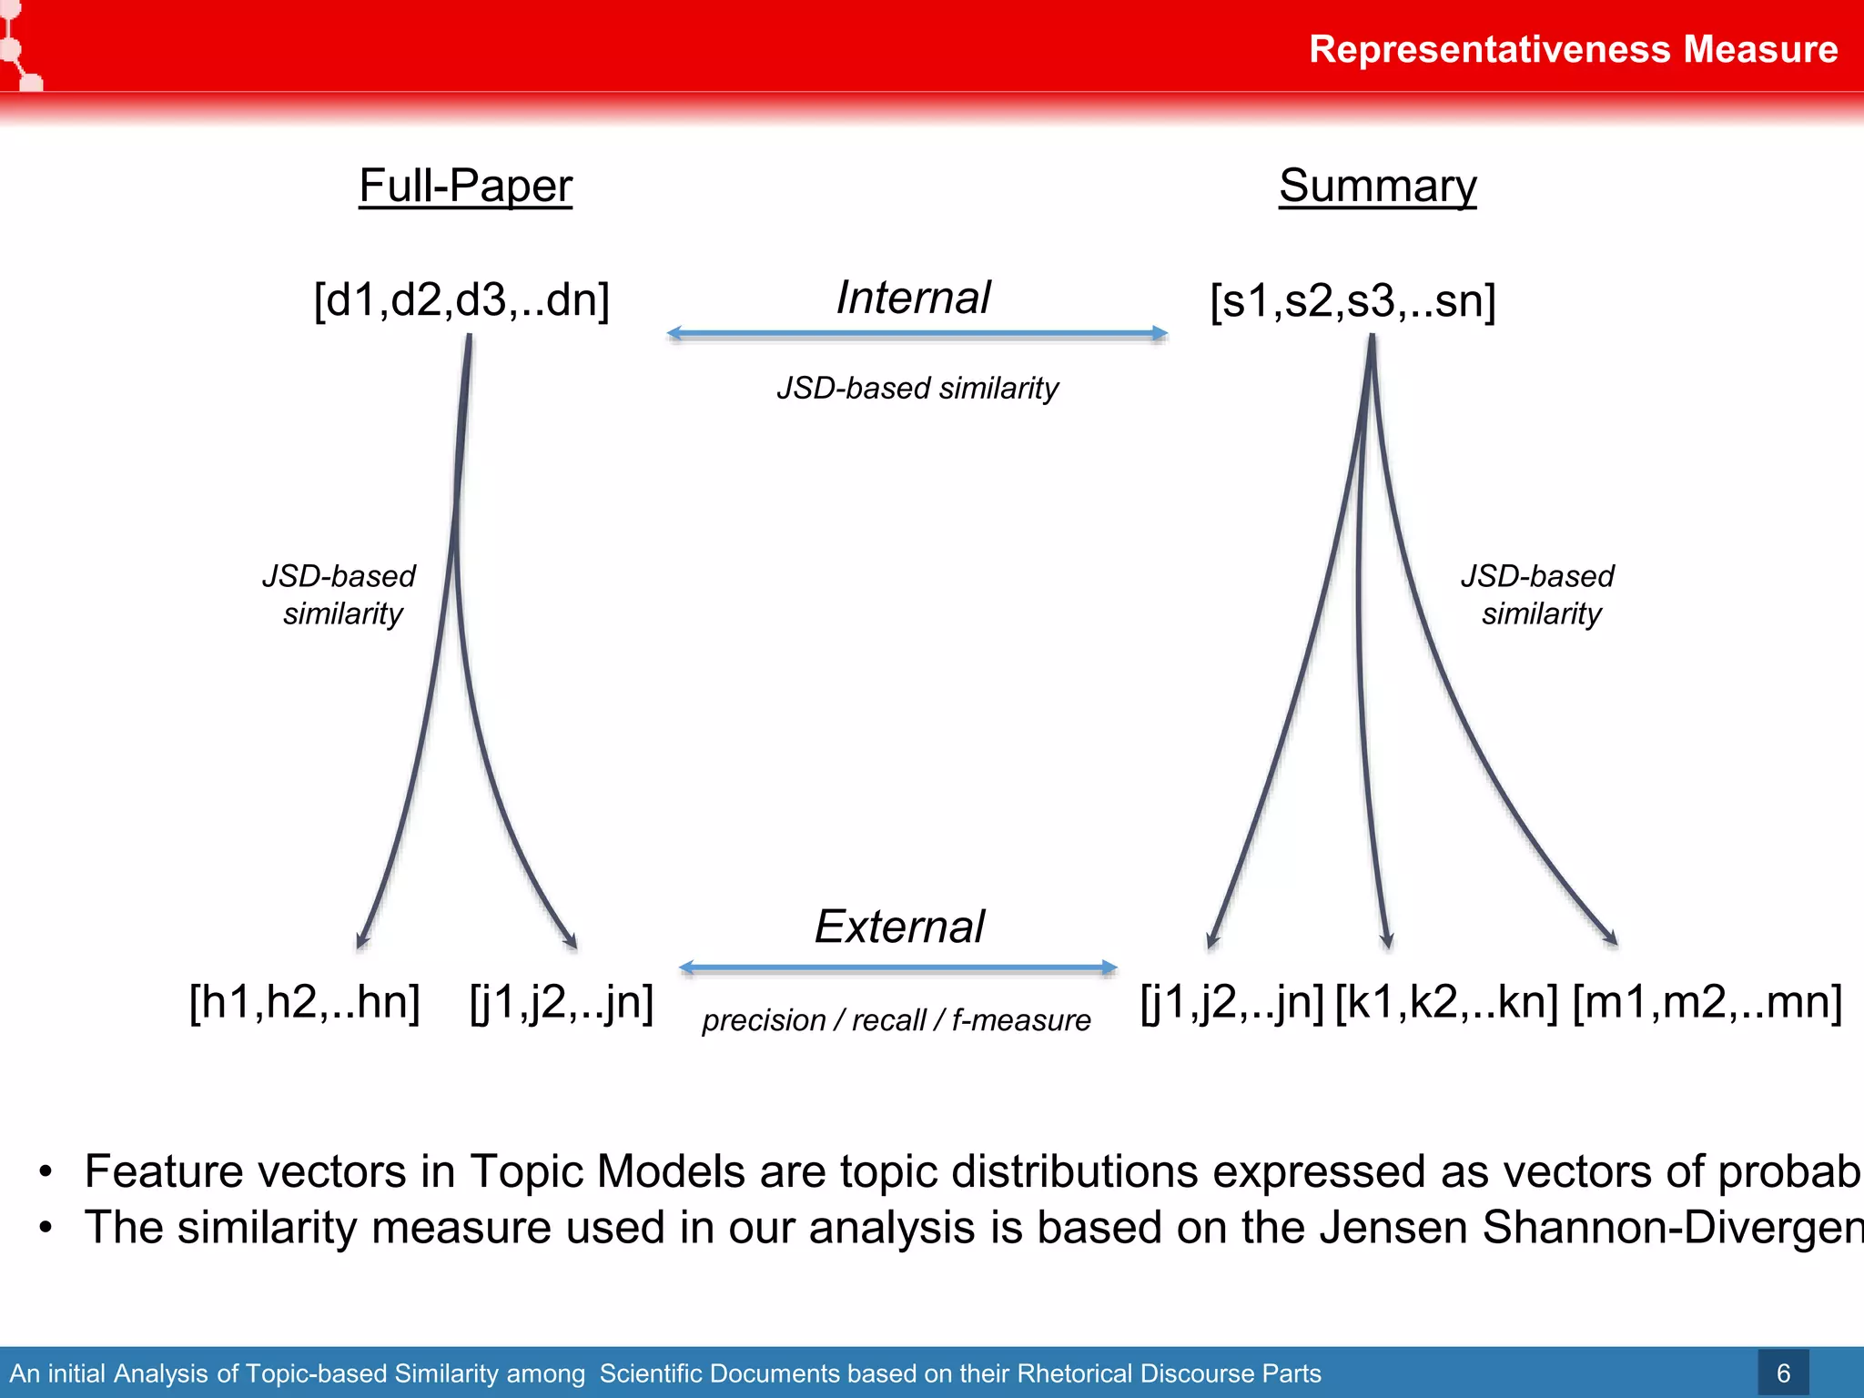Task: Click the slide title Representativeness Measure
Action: pyautogui.click(x=1573, y=49)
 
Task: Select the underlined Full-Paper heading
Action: pyautogui.click(x=465, y=186)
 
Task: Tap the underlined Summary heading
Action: pyautogui.click(x=1377, y=186)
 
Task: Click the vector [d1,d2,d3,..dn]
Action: pyautogui.click(x=461, y=299)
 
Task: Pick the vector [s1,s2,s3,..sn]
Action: pyautogui.click(x=1352, y=300)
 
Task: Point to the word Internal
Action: pyautogui.click(x=913, y=298)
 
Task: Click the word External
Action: pyautogui.click(x=899, y=927)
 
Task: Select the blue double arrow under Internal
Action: pyautogui.click(x=917, y=334)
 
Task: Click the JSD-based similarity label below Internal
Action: pyautogui.click(x=917, y=389)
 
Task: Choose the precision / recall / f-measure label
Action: pyautogui.click(x=896, y=1020)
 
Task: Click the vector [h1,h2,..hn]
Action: pyautogui.click(x=304, y=1002)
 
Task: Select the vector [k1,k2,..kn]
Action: pyautogui.click(x=1446, y=1002)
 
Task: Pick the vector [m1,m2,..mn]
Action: pyautogui.click(x=1707, y=1002)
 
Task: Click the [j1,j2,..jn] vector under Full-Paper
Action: pyautogui.click(x=562, y=1002)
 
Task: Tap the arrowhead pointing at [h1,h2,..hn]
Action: pyautogui.click(x=363, y=940)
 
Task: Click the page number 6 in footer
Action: pyautogui.click(x=1783, y=1373)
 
